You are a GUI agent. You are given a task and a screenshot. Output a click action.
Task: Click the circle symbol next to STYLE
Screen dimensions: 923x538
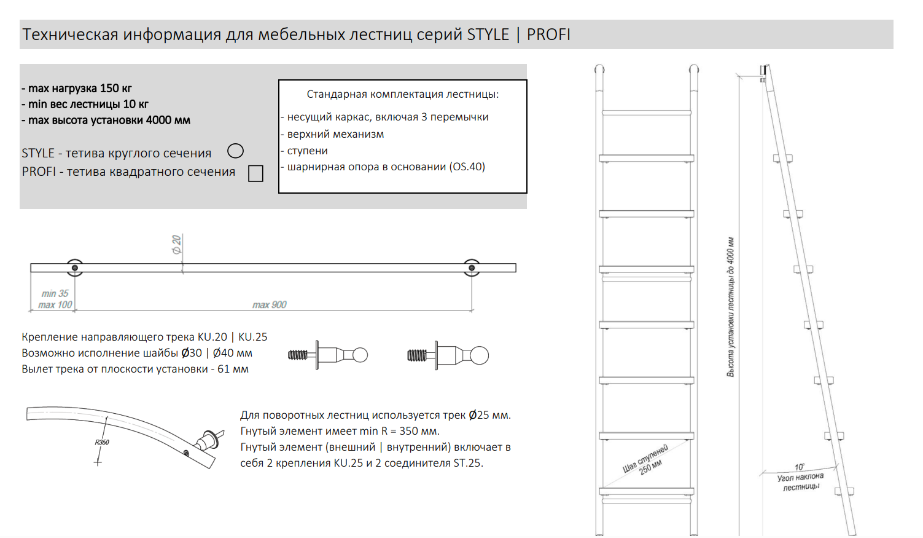(235, 144)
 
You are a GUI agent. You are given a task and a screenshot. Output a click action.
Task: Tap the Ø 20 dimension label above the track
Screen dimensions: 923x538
(177, 245)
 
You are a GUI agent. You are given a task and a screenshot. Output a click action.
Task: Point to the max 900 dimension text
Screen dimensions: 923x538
(270, 305)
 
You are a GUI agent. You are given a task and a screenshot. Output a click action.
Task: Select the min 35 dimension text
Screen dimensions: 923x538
(55, 293)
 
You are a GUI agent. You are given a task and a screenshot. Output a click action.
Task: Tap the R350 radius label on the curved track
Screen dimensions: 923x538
(102, 442)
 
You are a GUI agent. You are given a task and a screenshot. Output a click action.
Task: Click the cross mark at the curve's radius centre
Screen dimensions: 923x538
(98, 462)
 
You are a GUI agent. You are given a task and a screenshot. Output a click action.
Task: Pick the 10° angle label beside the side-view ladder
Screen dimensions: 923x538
(800, 467)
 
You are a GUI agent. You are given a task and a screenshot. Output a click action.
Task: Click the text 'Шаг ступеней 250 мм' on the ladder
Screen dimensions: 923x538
(645, 461)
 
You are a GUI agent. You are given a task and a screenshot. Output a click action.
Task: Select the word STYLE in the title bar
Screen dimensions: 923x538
(488, 34)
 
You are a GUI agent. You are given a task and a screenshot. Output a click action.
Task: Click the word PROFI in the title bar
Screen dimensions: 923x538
(548, 34)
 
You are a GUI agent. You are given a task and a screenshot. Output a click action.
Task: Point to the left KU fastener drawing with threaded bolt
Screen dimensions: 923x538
(327, 355)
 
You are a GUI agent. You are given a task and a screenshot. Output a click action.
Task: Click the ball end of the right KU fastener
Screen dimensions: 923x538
(479, 355)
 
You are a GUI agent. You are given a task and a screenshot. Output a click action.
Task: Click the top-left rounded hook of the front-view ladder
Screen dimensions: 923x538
(599, 69)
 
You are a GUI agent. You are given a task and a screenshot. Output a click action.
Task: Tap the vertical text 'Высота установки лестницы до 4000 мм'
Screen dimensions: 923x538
(731, 307)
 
